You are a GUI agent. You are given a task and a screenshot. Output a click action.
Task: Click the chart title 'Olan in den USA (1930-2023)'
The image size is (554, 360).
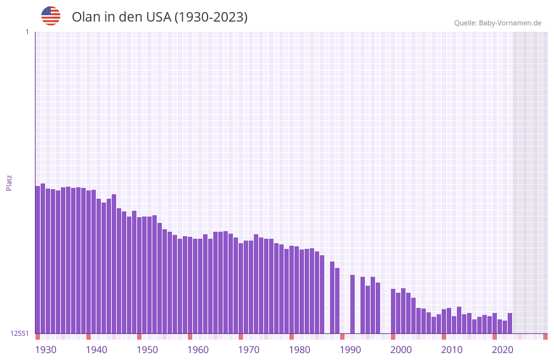click(x=159, y=17)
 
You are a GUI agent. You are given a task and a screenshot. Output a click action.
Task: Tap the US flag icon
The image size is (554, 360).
click(x=51, y=16)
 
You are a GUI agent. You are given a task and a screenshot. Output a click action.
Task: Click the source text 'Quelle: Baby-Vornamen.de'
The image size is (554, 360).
click(x=498, y=23)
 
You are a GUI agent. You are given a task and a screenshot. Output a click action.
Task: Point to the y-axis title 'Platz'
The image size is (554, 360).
click(x=9, y=182)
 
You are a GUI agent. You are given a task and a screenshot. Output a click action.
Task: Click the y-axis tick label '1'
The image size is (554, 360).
click(x=27, y=32)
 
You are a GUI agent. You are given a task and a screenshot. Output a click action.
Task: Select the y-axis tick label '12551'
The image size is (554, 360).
click(x=20, y=333)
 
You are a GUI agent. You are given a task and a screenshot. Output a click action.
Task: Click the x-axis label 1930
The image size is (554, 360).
click(x=46, y=350)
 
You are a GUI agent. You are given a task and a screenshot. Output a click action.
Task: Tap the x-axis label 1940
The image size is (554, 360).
click(x=96, y=350)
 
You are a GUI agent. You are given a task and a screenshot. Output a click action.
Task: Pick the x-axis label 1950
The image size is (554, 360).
click(x=147, y=350)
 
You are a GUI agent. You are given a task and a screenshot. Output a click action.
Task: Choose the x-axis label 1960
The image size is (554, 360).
click(x=198, y=350)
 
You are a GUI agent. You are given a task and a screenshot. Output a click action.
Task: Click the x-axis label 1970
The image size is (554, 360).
click(x=249, y=350)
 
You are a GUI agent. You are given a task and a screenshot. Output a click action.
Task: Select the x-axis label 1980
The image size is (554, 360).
click(x=300, y=350)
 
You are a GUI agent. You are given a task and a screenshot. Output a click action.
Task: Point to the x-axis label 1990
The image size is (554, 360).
click(x=350, y=350)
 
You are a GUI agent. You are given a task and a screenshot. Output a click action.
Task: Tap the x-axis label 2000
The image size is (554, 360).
click(x=401, y=350)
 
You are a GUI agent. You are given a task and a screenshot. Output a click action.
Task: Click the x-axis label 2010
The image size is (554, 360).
click(x=452, y=350)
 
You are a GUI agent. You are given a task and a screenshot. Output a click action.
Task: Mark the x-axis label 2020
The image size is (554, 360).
click(x=503, y=350)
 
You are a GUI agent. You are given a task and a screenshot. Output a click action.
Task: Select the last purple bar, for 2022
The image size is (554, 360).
click(x=510, y=323)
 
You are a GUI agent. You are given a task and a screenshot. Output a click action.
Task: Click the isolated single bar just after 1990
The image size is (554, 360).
click(x=352, y=304)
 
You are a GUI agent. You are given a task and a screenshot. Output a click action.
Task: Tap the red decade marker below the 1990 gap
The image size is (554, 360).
click(x=342, y=337)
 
